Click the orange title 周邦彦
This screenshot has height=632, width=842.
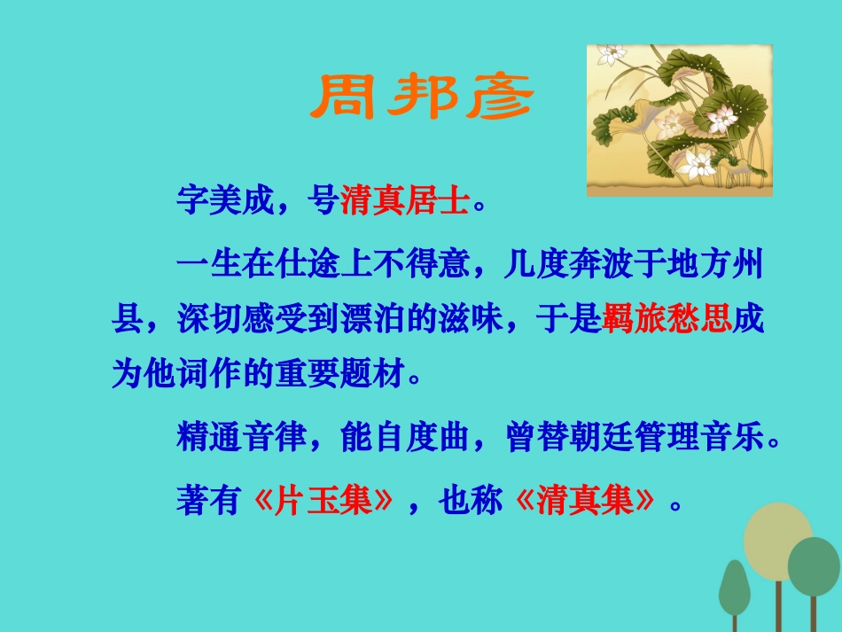(x=421, y=98)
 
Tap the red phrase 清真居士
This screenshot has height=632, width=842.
(x=404, y=201)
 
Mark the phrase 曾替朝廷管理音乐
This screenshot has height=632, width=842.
(x=634, y=438)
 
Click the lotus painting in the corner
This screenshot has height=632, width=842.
(x=679, y=121)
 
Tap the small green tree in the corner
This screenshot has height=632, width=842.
(x=734, y=586)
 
